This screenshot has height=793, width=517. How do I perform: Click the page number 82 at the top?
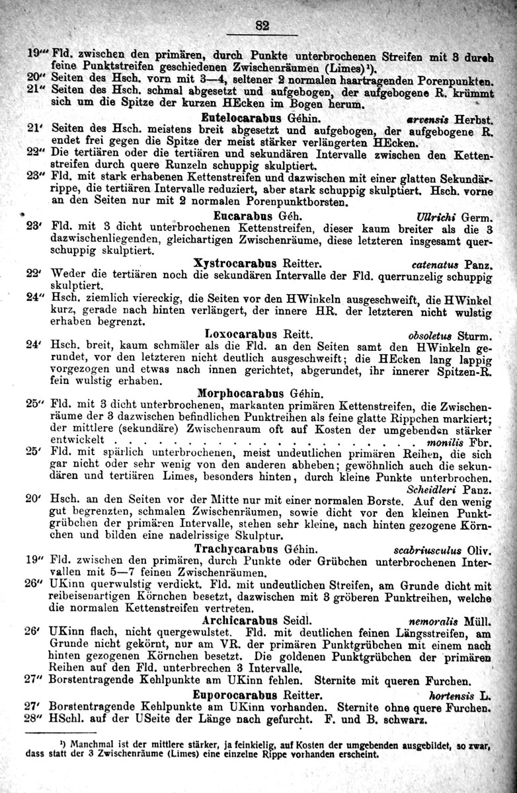pyautogui.click(x=262, y=26)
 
